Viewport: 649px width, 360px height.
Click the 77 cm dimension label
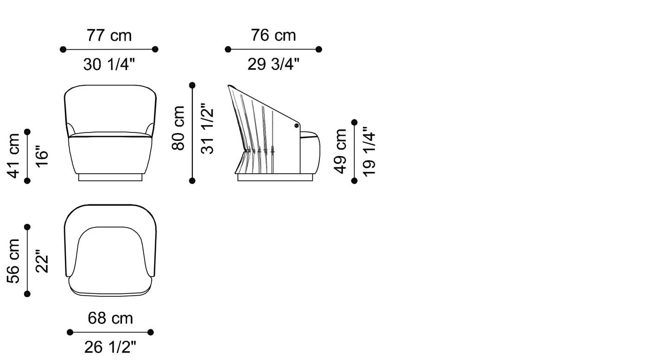point(109,36)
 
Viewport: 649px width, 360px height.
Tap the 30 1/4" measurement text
point(109,65)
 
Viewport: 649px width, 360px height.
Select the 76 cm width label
point(273,36)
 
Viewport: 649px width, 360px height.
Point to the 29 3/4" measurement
point(273,65)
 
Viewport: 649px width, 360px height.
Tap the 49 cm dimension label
point(341,151)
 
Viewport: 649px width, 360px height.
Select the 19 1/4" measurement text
point(369,151)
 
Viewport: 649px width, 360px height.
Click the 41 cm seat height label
point(13,156)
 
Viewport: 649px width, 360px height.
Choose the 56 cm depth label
point(13,260)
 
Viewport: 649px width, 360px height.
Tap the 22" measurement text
point(42,262)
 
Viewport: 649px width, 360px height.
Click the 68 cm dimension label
point(110,318)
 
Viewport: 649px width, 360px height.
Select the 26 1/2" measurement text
point(110,347)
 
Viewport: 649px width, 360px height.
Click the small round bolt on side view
point(296,126)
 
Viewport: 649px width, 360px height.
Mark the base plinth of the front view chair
point(110,177)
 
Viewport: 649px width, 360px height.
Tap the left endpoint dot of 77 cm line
point(63,49)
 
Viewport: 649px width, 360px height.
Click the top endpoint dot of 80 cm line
point(192,85)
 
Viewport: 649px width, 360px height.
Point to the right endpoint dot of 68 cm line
point(150,332)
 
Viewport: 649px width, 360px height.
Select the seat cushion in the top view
point(110,259)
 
